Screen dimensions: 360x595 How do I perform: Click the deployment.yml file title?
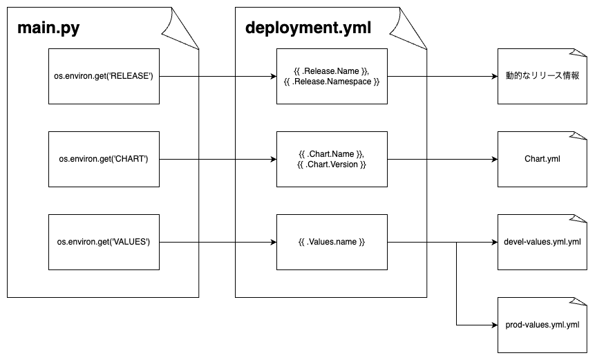[308, 28]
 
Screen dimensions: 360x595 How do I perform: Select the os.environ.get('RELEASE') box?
[104, 77]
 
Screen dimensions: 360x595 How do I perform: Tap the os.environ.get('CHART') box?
[104, 160]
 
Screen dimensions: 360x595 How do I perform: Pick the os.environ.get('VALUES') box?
[104, 243]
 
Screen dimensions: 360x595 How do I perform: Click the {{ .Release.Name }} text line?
[331, 70]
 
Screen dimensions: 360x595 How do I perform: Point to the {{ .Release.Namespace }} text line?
[332, 82]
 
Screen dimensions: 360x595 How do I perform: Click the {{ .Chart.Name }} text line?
[331, 153]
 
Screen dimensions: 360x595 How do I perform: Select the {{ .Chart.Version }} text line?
[332, 165]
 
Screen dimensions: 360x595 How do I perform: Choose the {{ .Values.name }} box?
[332, 243]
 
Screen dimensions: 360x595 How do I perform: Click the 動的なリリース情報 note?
[542, 77]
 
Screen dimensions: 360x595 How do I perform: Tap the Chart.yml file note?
[542, 160]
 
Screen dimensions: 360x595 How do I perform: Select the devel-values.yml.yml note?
[542, 243]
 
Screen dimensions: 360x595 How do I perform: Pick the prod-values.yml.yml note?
[542, 325]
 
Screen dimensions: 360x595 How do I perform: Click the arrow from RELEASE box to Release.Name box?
[218, 77]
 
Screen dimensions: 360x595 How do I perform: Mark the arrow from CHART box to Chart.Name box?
[218, 160]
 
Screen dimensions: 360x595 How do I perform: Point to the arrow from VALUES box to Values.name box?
[218, 243]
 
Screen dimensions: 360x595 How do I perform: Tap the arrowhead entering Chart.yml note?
[493, 160]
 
